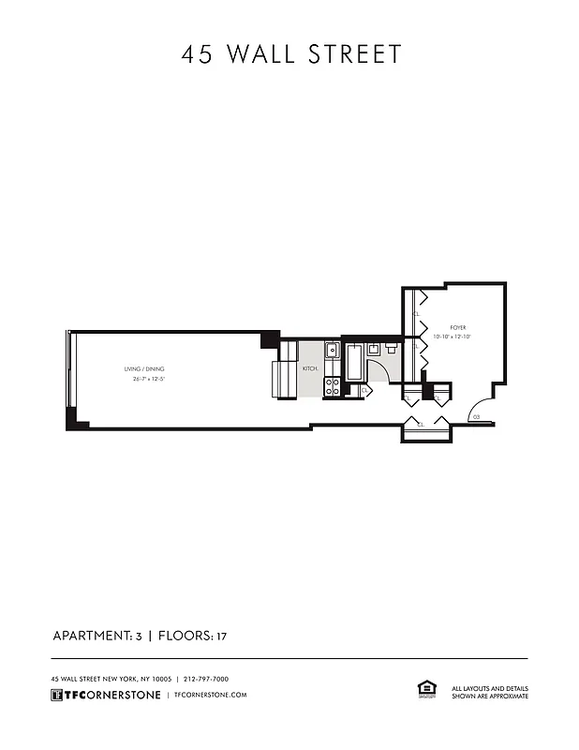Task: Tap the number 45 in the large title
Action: [197, 54]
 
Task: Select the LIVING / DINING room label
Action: [144, 368]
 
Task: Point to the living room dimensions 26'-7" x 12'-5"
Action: [144, 379]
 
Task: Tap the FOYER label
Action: [457, 327]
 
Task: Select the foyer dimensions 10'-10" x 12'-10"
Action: [452, 336]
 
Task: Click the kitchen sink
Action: [332, 351]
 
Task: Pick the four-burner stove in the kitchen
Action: [332, 385]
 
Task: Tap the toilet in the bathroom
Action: [392, 348]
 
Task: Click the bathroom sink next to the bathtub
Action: [374, 348]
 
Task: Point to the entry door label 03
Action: [476, 415]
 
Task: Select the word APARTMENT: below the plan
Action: [92, 637]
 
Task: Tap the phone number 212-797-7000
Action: [206, 679]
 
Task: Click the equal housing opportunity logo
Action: [424, 690]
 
